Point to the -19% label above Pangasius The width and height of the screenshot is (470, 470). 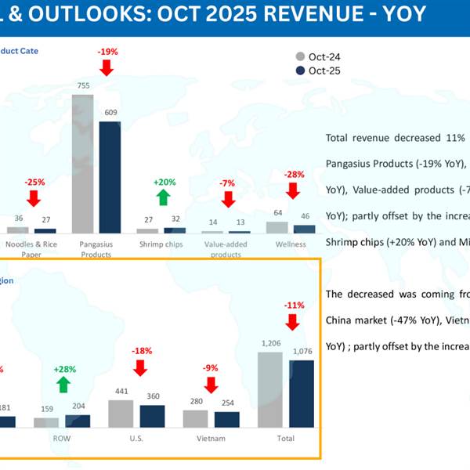coord(107,52)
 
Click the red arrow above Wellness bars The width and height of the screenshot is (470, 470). coord(293,191)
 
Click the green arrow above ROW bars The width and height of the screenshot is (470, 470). coord(63,384)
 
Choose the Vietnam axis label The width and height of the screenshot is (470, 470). coord(211,439)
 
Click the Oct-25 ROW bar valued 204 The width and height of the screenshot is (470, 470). coord(79,421)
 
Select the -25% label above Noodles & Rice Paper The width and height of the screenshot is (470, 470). coord(35,182)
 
